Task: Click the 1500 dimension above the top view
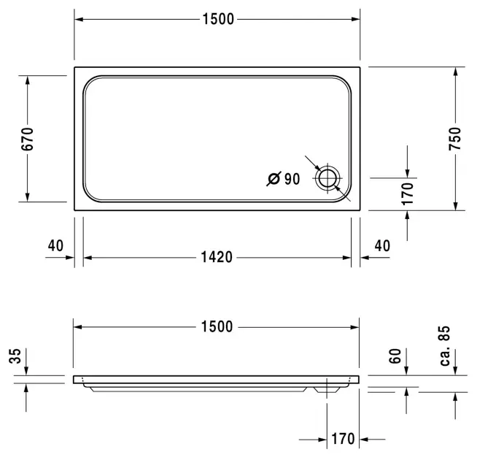[218, 19]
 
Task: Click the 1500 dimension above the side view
[217, 327]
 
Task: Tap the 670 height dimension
[27, 139]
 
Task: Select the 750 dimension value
[455, 139]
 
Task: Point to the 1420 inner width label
[217, 258]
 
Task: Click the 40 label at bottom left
[55, 246]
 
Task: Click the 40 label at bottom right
[382, 246]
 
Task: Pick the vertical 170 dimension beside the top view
[407, 193]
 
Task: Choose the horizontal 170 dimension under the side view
[343, 439]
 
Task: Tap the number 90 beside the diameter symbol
[292, 179]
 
